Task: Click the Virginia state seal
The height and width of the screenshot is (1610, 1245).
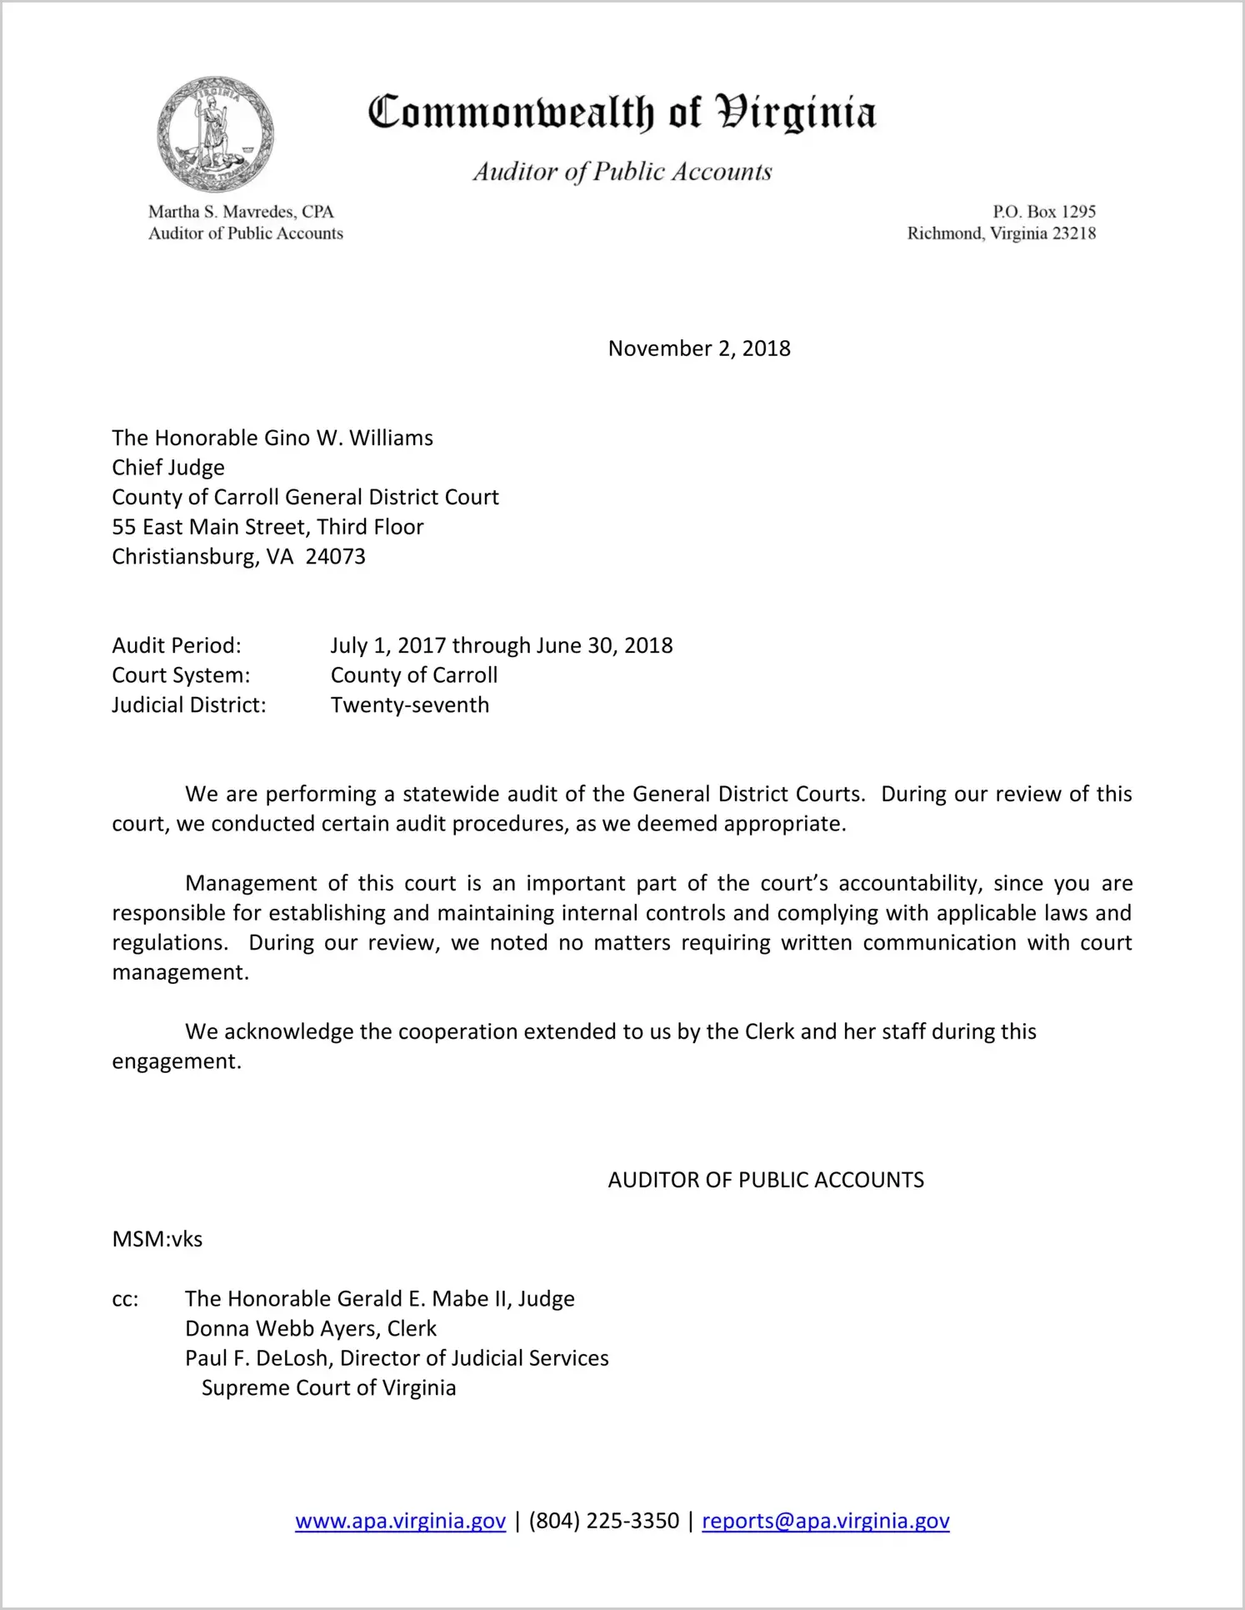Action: pyautogui.click(x=215, y=134)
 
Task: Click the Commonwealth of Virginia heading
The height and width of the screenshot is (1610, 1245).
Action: pyautogui.click(x=622, y=113)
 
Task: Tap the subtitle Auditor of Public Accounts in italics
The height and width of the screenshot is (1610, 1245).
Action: pyautogui.click(x=622, y=172)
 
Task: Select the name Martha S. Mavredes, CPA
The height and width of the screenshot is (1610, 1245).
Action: pyautogui.click(x=241, y=212)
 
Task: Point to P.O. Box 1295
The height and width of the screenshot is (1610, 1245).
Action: pyautogui.click(x=1043, y=212)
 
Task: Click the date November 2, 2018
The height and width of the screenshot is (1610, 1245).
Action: pyautogui.click(x=698, y=349)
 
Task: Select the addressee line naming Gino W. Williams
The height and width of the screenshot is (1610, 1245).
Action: pyautogui.click(x=272, y=438)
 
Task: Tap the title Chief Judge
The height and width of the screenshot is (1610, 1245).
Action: pyautogui.click(x=168, y=468)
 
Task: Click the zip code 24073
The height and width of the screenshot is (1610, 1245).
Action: pyautogui.click(x=335, y=557)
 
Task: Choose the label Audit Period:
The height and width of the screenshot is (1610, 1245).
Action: pyautogui.click(x=177, y=645)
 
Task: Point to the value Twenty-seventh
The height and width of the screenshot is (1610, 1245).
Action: pyautogui.click(x=409, y=705)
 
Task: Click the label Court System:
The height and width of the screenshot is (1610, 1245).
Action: pyautogui.click(x=181, y=675)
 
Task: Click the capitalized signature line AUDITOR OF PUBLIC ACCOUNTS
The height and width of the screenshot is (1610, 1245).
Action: pyautogui.click(x=765, y=1180)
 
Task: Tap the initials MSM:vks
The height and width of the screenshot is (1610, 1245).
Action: pyautogui.click(x=157, y=1239)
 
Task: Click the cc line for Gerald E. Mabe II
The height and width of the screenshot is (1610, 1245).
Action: pyautogui.click(x=379, y=1299)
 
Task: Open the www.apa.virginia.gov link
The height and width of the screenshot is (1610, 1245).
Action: pyautogui.click(x=400, y=1521)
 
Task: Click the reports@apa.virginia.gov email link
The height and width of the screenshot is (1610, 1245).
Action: pyautogui.click(x=825, y=1521)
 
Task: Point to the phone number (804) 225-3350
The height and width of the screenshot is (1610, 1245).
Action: pyautogui.click(x=603, y=1521)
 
